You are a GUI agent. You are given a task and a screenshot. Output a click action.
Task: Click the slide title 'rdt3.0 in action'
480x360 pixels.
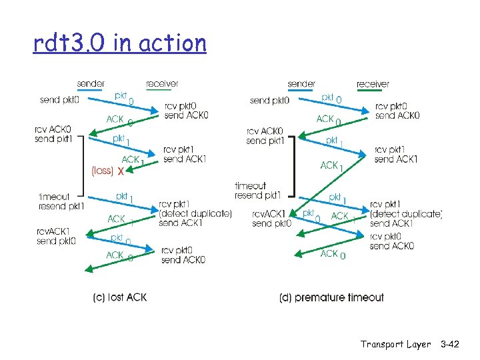pyautogui.click(x=120, y=43)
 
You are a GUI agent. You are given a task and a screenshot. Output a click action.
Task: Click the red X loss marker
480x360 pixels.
pyautogui.click(x=121, y=171)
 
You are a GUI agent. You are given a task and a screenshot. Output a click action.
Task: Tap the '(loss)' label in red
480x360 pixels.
pyautogui.click(x=101, y=171)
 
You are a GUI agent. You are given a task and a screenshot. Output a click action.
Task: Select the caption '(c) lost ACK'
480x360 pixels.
pyautogui.click(x=120, y=297)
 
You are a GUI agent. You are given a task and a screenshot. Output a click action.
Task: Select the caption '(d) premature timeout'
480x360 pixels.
pyautogui.click(x=331, y=297)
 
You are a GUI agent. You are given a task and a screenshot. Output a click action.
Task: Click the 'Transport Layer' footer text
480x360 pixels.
pyautogui.click(x=395, y=344)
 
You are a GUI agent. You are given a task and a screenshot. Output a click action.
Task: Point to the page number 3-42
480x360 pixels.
pyautogui.click(x=450, y=344)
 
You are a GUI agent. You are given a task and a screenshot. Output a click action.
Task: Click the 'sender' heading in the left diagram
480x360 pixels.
pyautogui.click(x=91, y=84)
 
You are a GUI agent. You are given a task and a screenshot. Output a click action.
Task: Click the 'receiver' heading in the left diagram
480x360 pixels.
pyautogui.click(x=162, y=84)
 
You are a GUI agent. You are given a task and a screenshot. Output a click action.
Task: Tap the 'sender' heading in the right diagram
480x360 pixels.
pyautogui.click(x=301, y=84)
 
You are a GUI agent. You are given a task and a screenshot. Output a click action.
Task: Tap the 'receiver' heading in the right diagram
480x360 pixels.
pyautogui.click(x=373, y=84)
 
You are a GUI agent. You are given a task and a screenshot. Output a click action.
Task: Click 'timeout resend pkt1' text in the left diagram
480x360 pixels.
pyautogui.click(x=61, y=201)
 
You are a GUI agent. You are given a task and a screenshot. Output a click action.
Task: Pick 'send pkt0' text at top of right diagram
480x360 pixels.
pyautogui.click(x=269, y=101)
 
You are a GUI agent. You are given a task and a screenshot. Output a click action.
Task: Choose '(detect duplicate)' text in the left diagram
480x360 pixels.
pyautogui.click(x=195, y=213)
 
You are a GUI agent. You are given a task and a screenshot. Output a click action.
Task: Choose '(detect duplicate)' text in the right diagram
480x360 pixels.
pyautogui.click(x=406, y=213)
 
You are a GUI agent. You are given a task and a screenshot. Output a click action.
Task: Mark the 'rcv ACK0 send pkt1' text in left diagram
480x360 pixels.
pyautogui.click(x=53, y=134)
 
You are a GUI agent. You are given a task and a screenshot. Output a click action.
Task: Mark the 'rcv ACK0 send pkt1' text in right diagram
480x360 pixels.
pyautogui.click(x=265, y=136)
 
